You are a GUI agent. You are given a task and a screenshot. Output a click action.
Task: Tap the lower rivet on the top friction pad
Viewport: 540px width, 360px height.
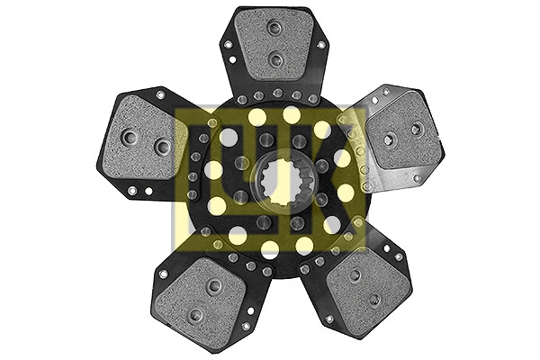275,59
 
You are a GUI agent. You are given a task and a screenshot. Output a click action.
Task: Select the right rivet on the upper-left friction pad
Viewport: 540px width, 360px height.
162,147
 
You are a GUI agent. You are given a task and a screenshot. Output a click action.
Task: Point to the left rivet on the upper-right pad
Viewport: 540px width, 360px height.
389,139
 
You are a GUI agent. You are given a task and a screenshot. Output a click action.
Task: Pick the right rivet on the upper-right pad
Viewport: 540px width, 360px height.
416,130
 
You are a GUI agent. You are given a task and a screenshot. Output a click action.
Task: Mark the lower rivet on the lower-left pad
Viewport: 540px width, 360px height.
194,314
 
